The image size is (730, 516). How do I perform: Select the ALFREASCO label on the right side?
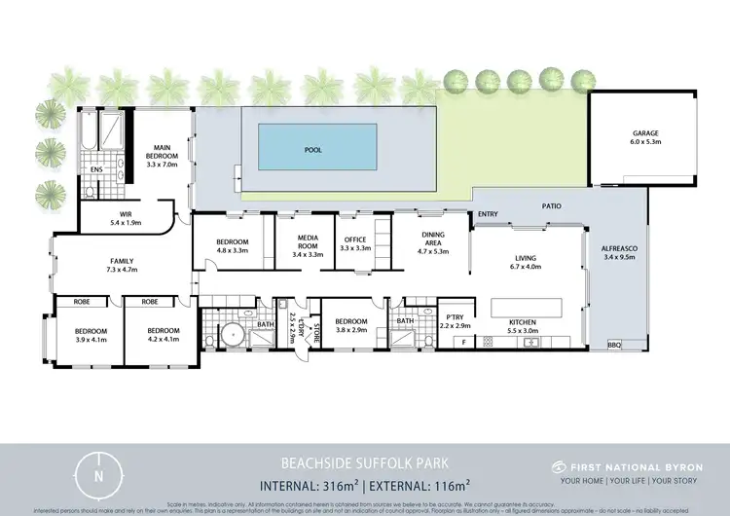(618, 252)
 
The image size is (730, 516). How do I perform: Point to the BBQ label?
(612, 345)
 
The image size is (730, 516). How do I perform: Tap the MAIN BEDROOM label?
(162, 151)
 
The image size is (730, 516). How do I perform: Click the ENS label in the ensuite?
(96, 169)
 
